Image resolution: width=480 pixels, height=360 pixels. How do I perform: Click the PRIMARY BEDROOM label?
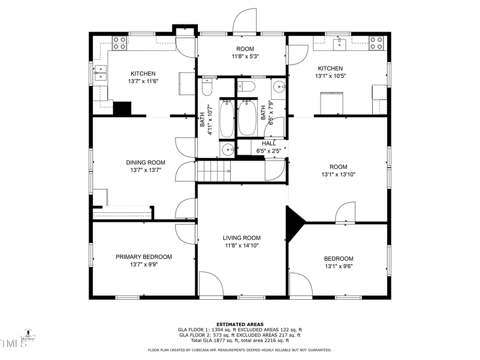tap(143, 257)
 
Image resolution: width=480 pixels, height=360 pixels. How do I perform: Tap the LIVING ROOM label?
tap(241, 238)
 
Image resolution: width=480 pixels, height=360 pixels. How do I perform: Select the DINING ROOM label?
tap(146, 163)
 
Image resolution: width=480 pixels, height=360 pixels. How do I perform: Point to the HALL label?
tap(268, 143)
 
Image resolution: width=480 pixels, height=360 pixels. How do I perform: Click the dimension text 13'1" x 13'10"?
tap(338, 174)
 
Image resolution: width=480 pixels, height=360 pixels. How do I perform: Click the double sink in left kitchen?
tap(100, 73)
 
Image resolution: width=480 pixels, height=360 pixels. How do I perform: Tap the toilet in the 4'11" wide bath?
tap(208, 85)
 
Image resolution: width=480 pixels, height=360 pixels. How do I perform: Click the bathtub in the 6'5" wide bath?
tap(247, 117)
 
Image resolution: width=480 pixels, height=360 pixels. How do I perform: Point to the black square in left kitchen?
tap(123, 108)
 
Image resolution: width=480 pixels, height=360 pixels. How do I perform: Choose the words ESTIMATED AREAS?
tap(239, 324)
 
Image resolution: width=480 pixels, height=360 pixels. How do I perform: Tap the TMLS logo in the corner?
tap(14, 343)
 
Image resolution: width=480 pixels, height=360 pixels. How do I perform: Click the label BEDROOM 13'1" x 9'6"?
tap(339, 262)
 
